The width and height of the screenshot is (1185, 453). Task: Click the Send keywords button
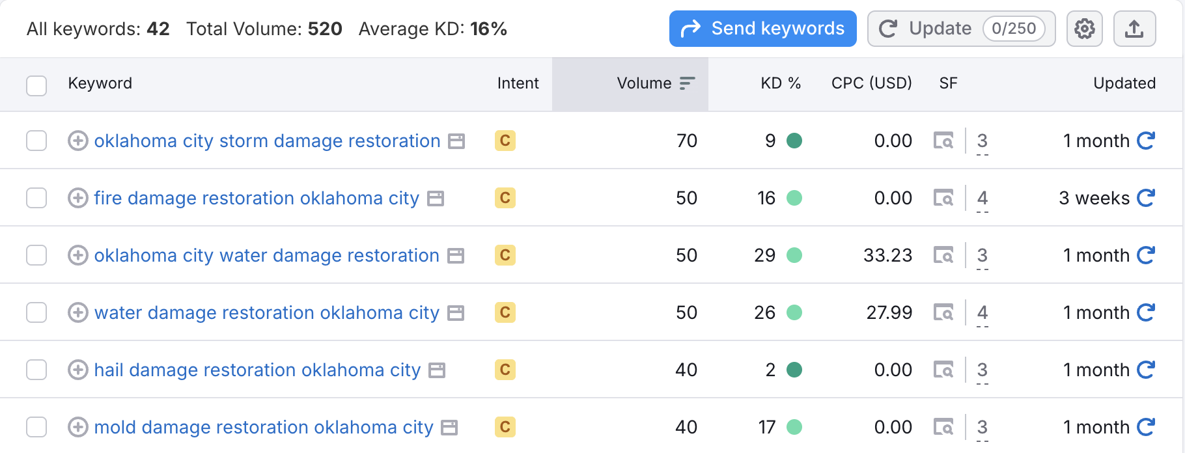pos(762,29)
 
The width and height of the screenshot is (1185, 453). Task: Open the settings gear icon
pos(1084,29)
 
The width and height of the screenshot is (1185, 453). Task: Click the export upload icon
pos(1134,29)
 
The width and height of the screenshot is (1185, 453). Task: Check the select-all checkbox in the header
pos(36,85)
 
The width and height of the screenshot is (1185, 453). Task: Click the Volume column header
pos(644,83)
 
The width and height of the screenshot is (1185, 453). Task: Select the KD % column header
pos(780,83)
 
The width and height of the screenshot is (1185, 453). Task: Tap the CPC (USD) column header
pos(871,83)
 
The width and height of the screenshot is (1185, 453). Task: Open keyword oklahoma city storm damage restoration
pos(267,141)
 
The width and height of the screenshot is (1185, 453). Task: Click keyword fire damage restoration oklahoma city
pos(257,198)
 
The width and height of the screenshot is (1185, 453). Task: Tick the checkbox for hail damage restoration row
pos(36,370)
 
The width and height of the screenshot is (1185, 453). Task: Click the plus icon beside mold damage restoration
pos(78,427)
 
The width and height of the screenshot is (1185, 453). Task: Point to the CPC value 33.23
pos(887,255)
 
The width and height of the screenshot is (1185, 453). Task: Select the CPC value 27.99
pos(889,312)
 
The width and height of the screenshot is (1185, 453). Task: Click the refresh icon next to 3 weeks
pos(1146,198)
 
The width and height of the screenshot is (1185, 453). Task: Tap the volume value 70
pos(686,141)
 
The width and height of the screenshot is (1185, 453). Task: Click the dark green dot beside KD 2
pos(794,370)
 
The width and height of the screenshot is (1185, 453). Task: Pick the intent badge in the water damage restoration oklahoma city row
pos(505,312)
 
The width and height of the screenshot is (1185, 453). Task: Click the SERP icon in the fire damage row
pos(943,198)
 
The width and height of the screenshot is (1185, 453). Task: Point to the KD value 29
pos(764,255)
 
